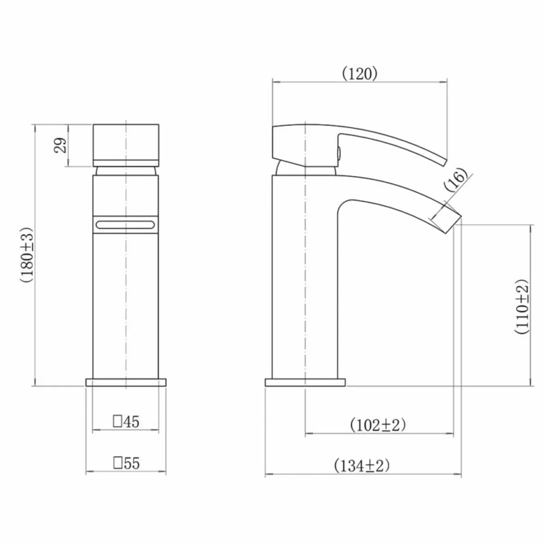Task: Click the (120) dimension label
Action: tap(359, 74)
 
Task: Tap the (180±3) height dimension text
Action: tap(26, 255)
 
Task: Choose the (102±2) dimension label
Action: tap(377, 425)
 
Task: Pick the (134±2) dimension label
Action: tap(361, 466)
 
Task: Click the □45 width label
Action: tap(126, 422)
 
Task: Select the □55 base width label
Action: tap(126, 463)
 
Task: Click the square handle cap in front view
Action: tap(126, 145)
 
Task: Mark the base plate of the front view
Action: tap(126, 382)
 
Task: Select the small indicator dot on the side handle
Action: tap(338, 153)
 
